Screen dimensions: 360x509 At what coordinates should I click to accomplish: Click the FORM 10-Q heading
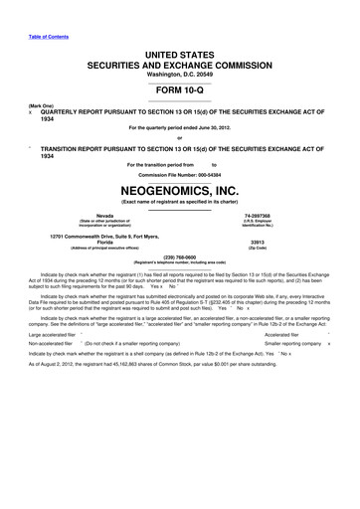click(x=180, y=89)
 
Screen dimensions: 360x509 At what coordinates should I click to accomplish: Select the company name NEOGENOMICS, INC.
click(x=180, y=187)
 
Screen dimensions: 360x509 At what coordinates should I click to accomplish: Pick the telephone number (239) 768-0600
click(x=180, y=255)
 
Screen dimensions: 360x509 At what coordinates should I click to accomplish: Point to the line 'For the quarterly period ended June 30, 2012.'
click(x=180, y=129)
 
